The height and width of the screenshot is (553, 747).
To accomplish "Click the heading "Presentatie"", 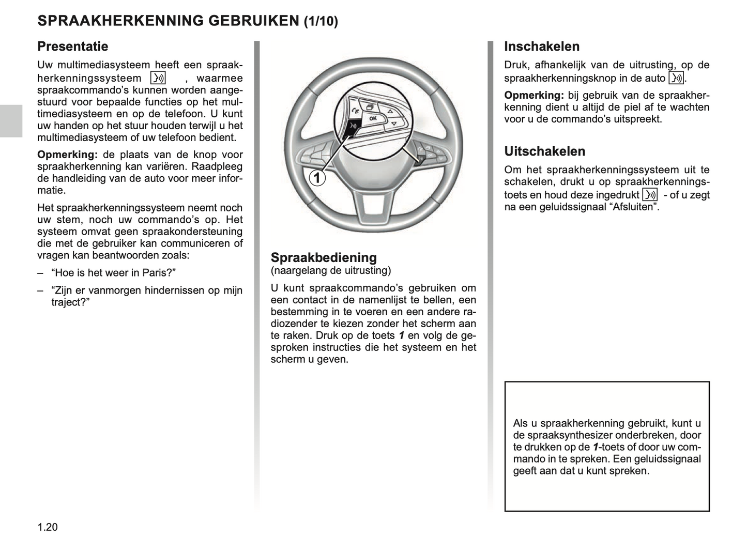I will [x=73, y=47].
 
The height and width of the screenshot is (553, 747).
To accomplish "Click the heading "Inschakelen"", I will [x=542, y=47].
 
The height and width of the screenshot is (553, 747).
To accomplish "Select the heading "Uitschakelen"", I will [x=545, y=151].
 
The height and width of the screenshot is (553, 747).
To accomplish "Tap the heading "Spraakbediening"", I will [x=324, y=257].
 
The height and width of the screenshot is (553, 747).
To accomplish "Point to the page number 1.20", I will [x=48, y=527].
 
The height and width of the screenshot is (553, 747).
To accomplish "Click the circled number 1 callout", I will [x=317, y=178].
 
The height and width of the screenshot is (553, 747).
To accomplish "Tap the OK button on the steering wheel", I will [x=373, y=119].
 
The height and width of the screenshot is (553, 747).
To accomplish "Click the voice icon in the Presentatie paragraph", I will [x=158, y=78].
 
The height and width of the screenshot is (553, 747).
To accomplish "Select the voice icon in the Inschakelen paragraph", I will [x=676, y=78].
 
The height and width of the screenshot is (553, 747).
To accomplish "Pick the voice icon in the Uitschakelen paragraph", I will [x=650, y=195].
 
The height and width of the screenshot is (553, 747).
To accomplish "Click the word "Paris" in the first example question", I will [x=155, y=272].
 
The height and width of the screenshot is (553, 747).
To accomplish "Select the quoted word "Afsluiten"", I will [x=633, y=207].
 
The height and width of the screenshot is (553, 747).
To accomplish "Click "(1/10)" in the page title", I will [x=321, y=21].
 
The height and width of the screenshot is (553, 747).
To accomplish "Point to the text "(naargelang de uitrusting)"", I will [x=331, y=270].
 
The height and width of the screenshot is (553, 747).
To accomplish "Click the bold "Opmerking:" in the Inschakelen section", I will [x=534, y=95].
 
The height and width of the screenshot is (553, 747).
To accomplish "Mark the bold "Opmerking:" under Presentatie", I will [x=67, y=155].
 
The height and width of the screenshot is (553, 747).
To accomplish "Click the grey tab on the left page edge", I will [x=11, y=121].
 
